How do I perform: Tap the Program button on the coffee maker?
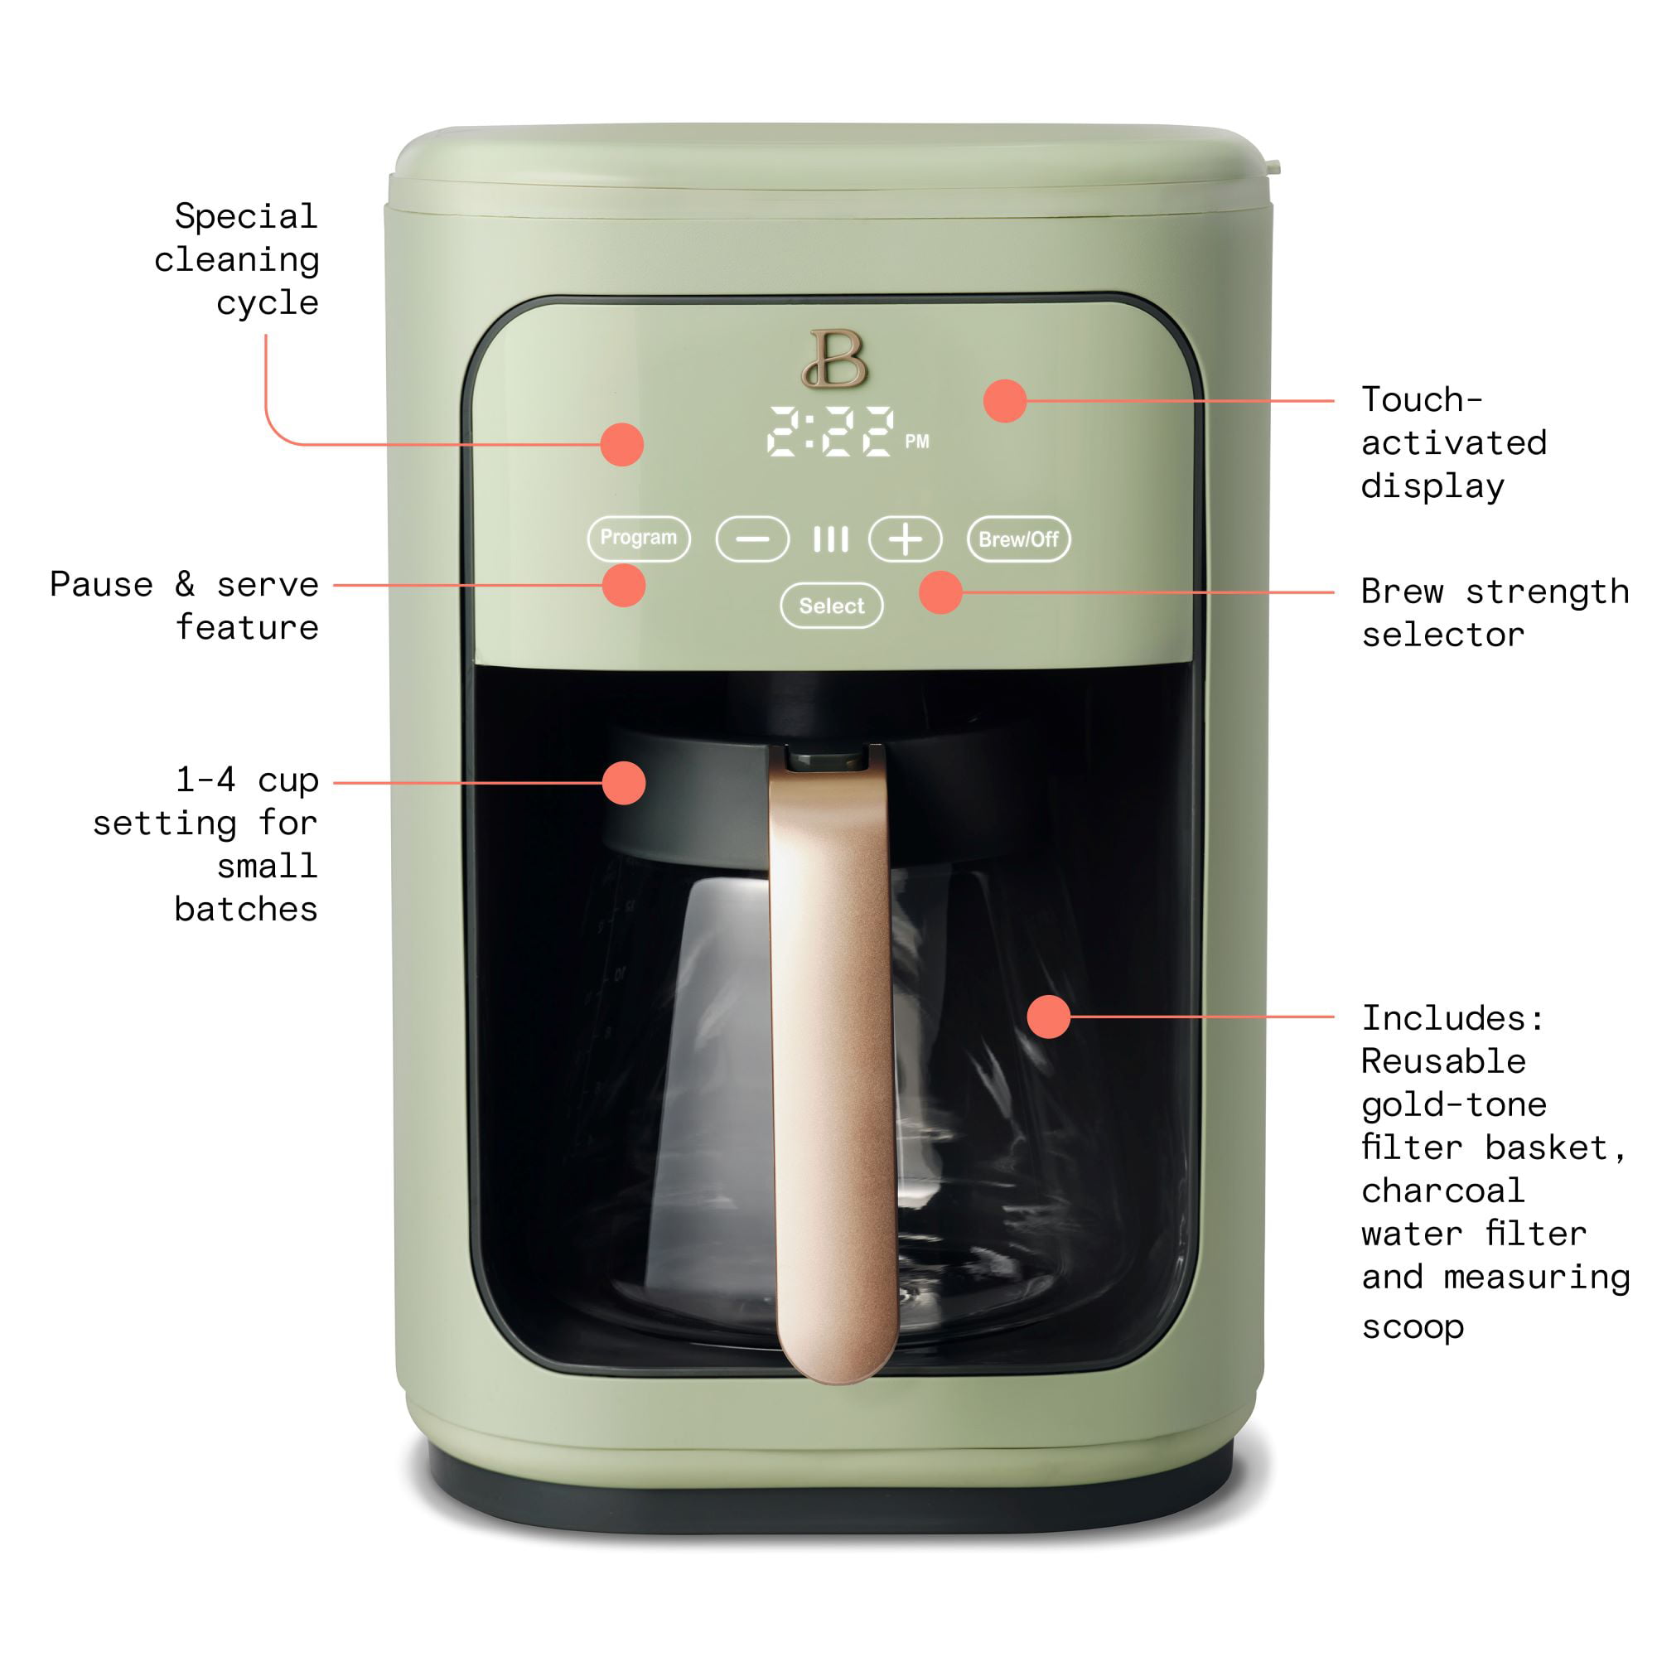[x=639, y=539]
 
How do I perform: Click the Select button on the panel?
[x=832, y=606]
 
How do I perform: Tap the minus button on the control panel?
[x=752, y=539]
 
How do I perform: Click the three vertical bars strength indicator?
[x=830, y=539]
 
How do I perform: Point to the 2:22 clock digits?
[x=830, y=431]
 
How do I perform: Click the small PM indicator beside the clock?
[x=917, y=442]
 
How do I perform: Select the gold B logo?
[x=834, y=359]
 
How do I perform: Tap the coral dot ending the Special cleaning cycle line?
[x=622, y=444]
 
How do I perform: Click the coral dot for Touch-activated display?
[x=1005, y=400]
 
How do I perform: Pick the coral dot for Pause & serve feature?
[x=624, y=585]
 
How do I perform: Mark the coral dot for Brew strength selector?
[x=941, y=592]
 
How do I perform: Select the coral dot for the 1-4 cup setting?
[x=624, y=782]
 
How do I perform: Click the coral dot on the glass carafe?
[x=1048, y=1017]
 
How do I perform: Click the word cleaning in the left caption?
[x=237, y=260]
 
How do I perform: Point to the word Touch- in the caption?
[x=1422, y=399]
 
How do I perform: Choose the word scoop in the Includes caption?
[x=1413, y=1326]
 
